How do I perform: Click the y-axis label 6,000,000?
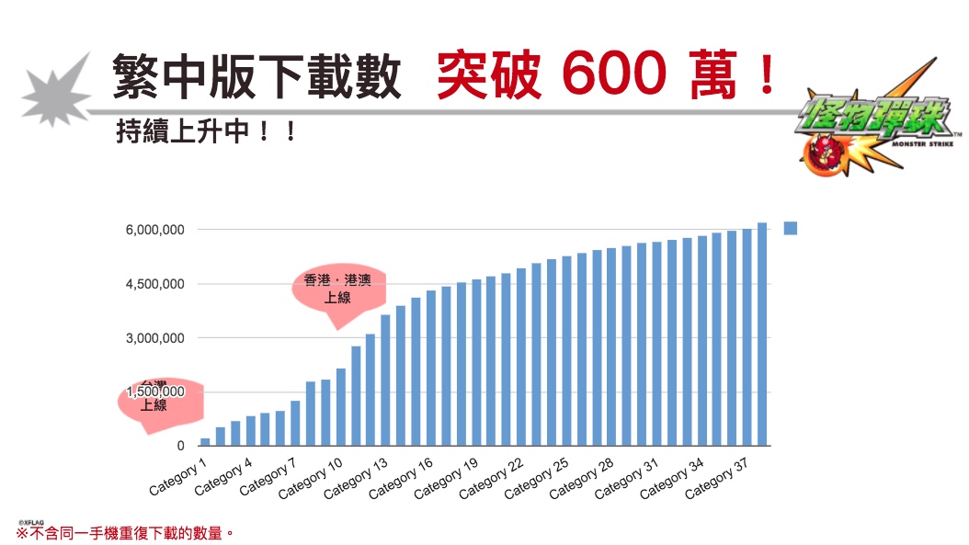tap(154, 230)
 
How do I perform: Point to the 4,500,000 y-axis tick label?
tap(154, 284)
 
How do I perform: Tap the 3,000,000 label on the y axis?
tap(154, 338)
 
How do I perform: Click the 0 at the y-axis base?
tap(181, 446)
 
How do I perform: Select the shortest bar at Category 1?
tap(205, 441)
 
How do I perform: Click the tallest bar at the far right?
tap(762, 334)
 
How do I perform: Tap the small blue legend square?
tap(790, 229)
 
